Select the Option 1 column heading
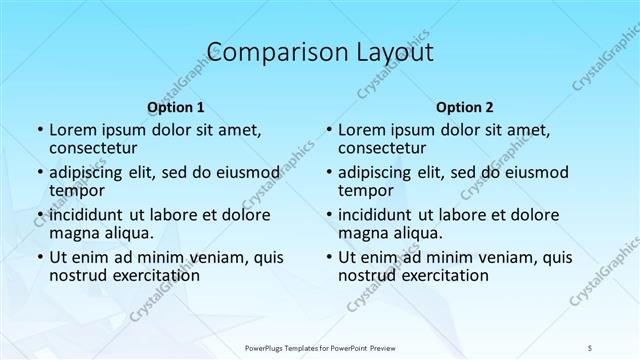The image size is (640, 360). click(x=175, y=106)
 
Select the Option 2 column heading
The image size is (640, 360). click(x=465, y=106)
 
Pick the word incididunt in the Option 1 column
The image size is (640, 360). click(x=86, y=215)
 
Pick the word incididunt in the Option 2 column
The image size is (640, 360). click(x=376, y=215)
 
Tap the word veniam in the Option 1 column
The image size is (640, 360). click(x=203, y=257)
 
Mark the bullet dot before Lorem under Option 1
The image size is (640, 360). click(x=39, y=131)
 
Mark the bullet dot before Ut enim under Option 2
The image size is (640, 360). click(x=329, y=257)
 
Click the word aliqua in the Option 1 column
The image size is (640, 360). click(x=128, y=233)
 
